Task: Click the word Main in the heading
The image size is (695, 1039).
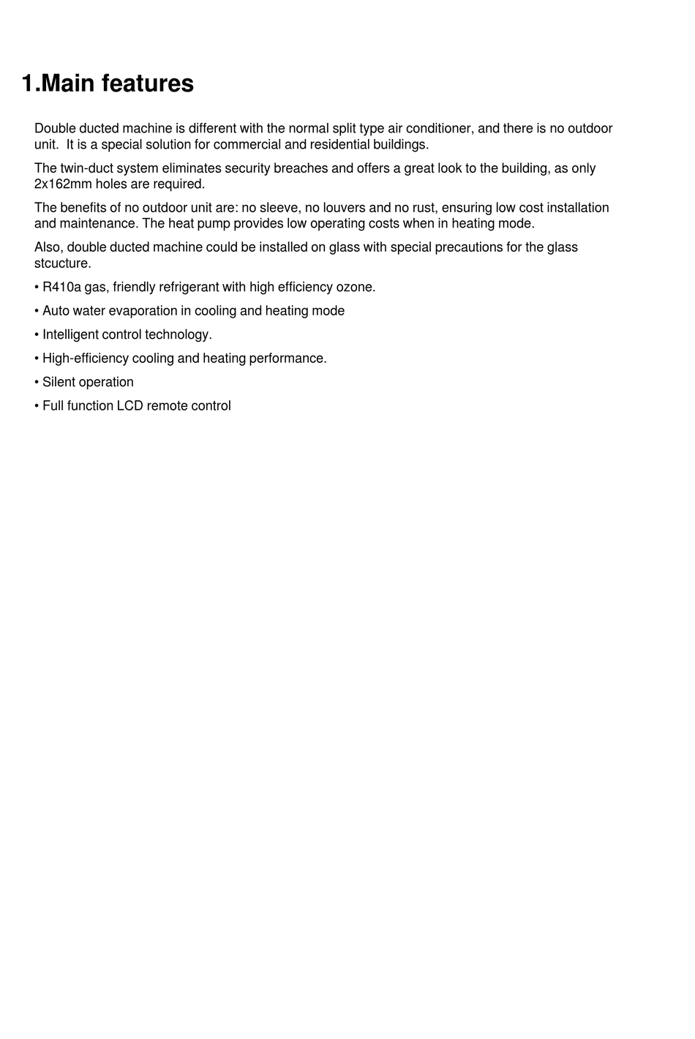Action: coord(69,83)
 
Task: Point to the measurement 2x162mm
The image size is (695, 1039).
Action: coord(63,184)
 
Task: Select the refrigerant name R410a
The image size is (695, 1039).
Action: coord(61,287)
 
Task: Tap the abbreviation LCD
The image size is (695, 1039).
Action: coord(130,405)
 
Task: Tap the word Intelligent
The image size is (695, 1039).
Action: coord(70,334)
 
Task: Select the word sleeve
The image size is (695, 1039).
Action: coord(279,208)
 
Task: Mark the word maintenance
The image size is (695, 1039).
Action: coord(97,223)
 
